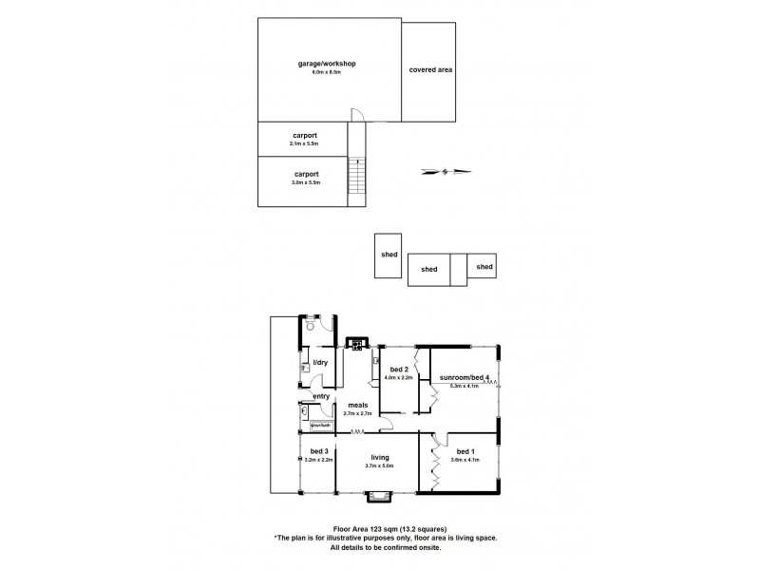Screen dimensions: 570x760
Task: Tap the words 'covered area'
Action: (x=429, y=70)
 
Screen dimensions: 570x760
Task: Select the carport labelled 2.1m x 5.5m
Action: (x=305, y=135)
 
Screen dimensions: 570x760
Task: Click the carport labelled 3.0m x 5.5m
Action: (x=305, y=174)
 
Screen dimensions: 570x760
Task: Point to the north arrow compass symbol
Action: (x=445, y=172)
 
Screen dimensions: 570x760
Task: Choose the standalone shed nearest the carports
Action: (x=387, y=255)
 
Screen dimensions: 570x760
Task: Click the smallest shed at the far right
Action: (x=484, y=268)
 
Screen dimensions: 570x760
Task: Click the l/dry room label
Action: (x=320, y=363)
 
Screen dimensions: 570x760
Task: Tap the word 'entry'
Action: (x=321, y=396)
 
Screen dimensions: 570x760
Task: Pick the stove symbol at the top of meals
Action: (x=358, y=343)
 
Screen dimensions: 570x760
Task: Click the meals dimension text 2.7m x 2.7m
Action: (x=357, y=413)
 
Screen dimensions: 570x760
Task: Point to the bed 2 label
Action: (x=399, y=370)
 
